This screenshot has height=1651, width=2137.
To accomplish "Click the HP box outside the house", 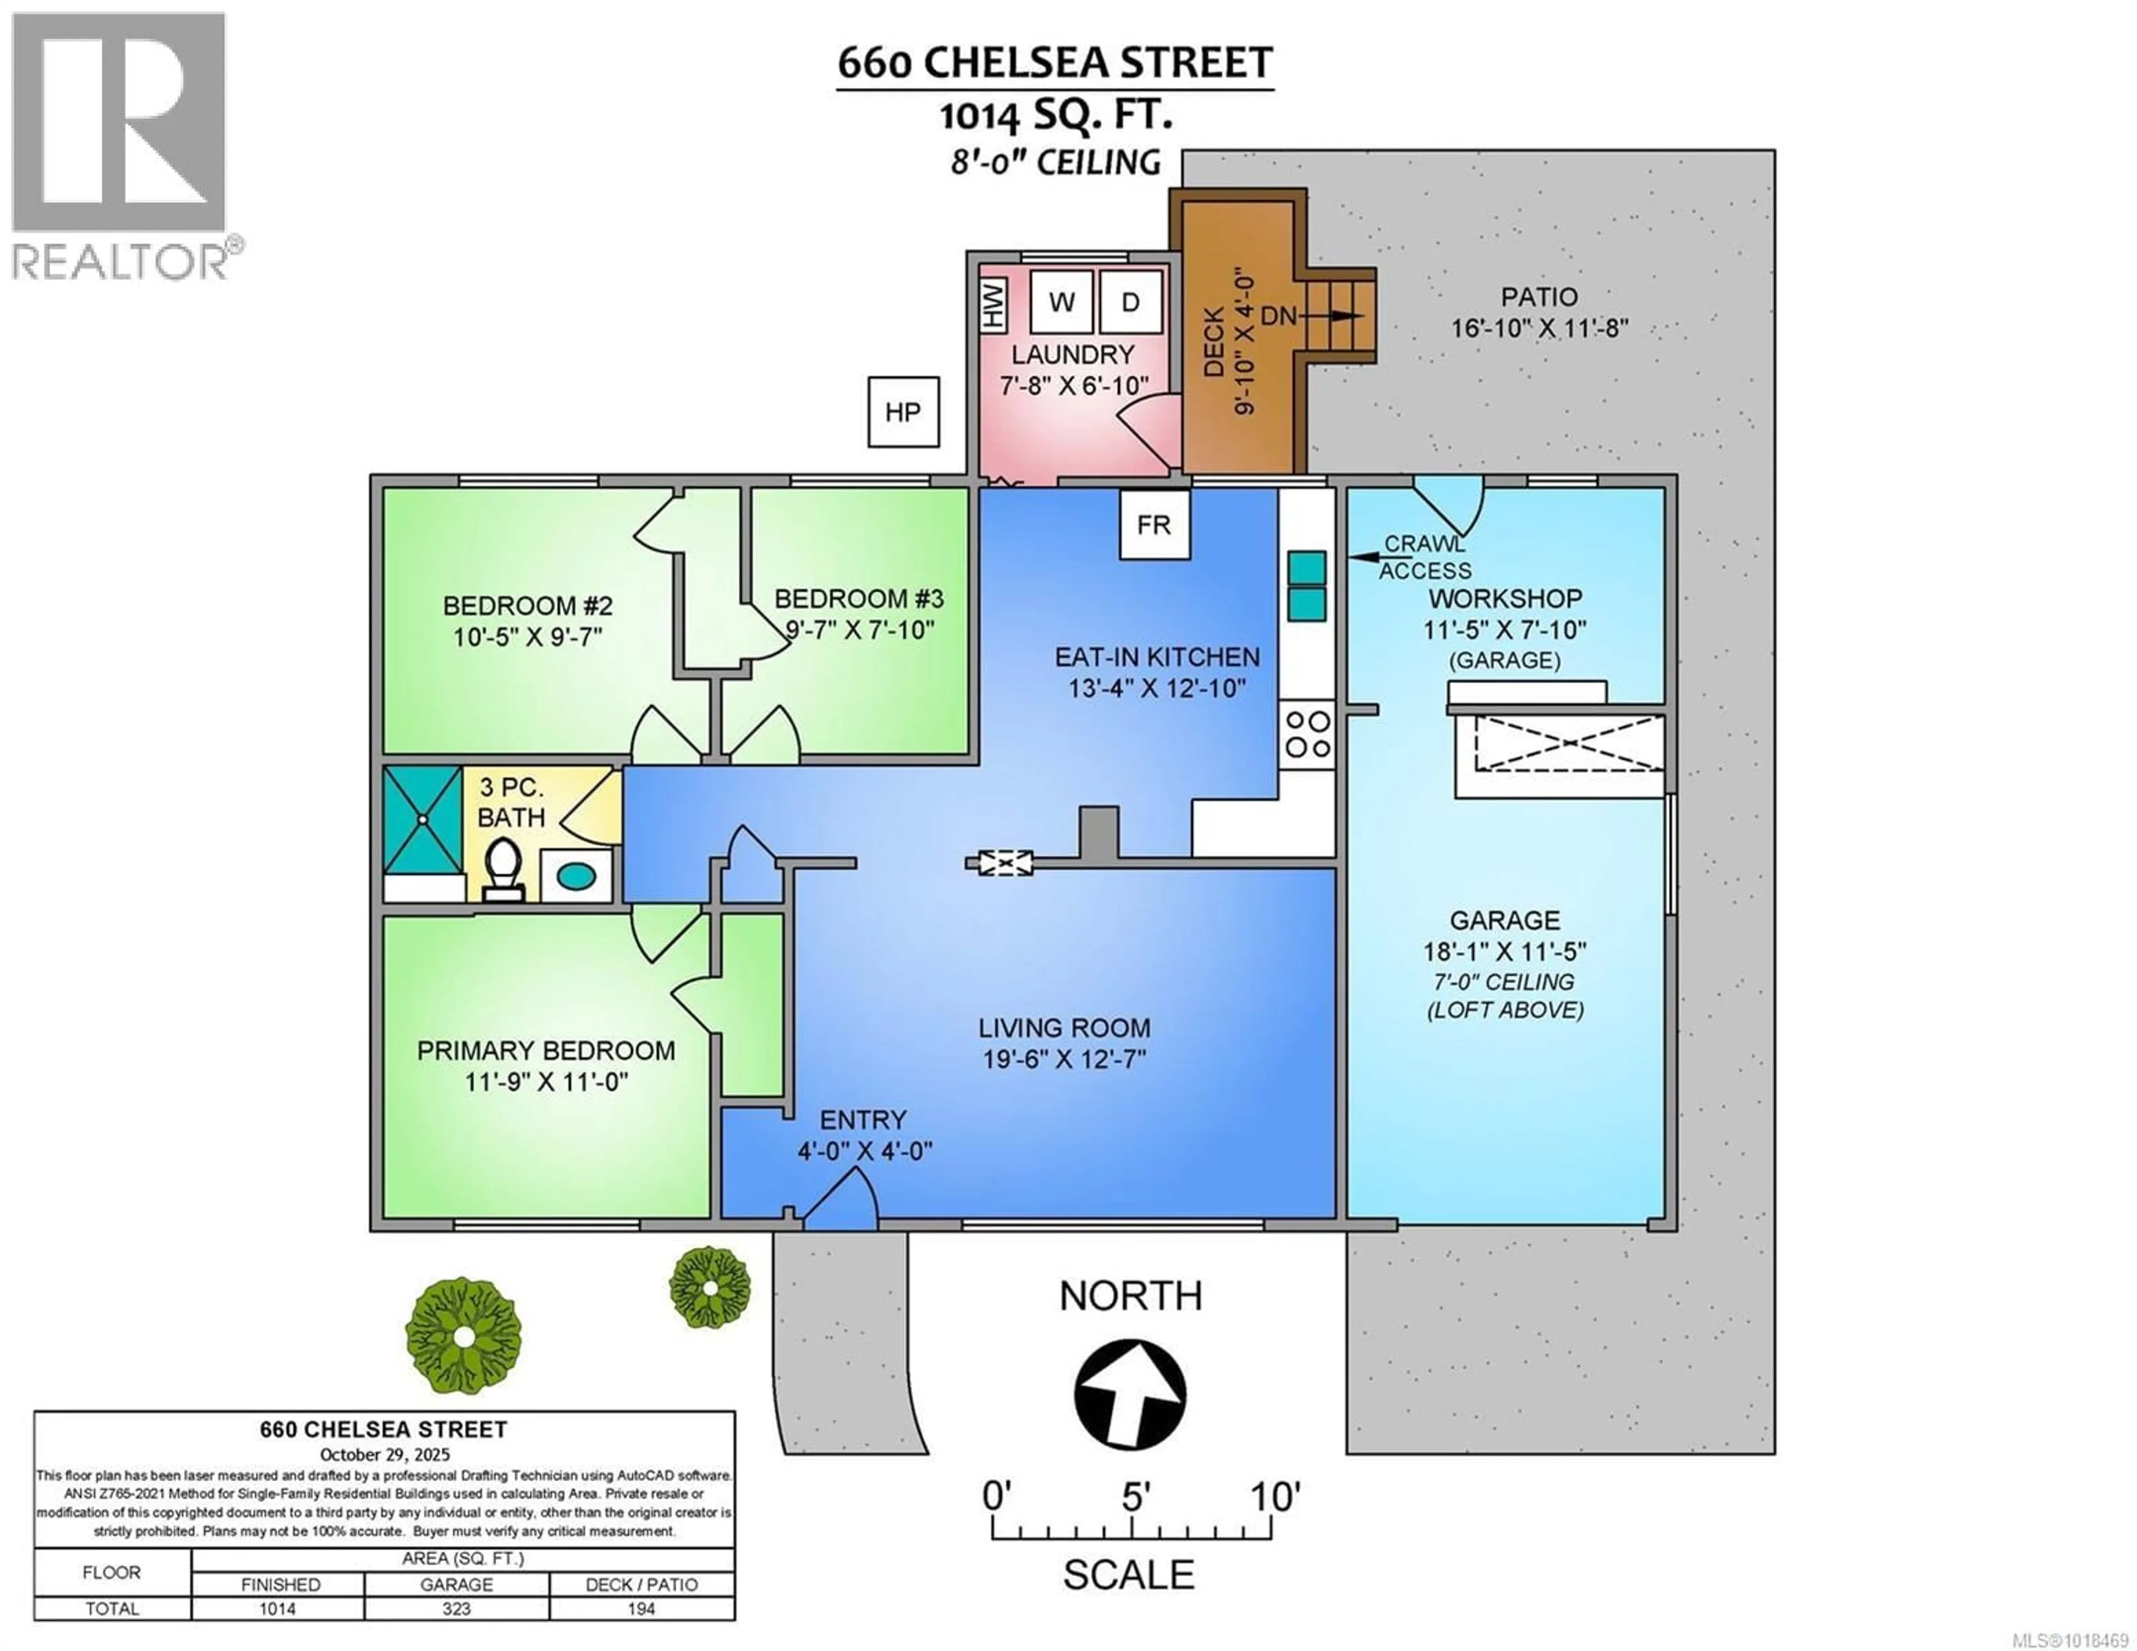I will (x=903, y=412).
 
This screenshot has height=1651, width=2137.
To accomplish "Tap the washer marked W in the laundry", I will (x=1062, y=302).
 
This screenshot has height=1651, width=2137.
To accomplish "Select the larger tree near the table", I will (x=463, y=1335).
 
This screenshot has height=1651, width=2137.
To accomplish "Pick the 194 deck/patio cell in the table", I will (x=641, y=1609).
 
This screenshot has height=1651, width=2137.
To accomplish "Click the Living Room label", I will (x=1065, y=1028).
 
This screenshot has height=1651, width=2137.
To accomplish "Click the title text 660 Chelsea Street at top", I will (x=1055, y=63).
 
